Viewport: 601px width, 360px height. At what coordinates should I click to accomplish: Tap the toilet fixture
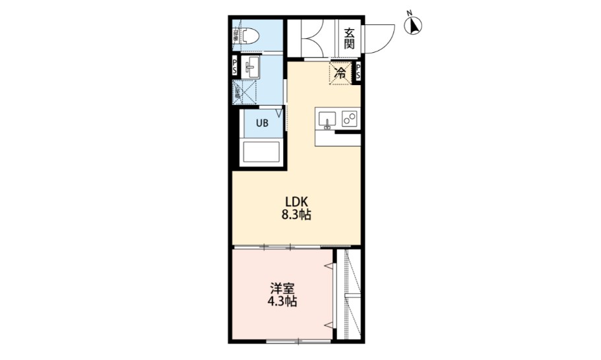pyautogui.click(x=249, y=37)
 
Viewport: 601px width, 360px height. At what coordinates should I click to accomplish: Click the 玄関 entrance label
pyautogui.click(x=349, y=38)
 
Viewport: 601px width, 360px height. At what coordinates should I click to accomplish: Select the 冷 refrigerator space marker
pyautogui.click(x=340, y=73)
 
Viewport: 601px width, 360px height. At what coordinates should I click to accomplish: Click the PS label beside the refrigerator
pyautogui.click(x=358, y=73)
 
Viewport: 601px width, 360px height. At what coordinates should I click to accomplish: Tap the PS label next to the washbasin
pyautogui.click(x=236, y=67)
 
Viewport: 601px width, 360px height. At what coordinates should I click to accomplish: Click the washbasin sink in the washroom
pyautogui.click(x=251, y=67)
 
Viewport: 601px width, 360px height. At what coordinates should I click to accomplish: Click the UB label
pyautogui.click(x=262, y=123)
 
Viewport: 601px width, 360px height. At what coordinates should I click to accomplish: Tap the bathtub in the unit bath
pyautogui.click(x=262, y=152)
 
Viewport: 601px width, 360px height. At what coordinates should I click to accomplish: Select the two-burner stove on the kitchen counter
pyautogui.click(x=349, y=120)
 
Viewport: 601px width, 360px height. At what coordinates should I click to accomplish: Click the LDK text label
pyautogui.click(x=296, y=202)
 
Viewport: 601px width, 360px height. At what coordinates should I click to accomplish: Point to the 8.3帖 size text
pyautogui.click(x=296, y=215)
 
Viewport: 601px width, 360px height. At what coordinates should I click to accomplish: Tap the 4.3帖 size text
pyautogui.click(x=281, y=303)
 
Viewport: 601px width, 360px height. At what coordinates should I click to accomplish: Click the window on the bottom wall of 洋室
pyautogui.click(x=298, y=341)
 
